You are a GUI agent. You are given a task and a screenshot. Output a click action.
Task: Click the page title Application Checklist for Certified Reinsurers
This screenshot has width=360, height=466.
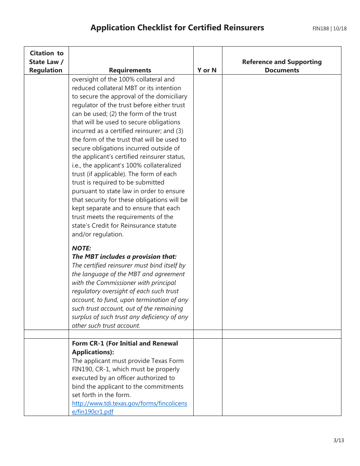click(177, 28)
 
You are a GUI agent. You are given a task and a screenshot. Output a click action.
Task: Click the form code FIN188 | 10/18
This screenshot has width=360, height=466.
click(329, 28)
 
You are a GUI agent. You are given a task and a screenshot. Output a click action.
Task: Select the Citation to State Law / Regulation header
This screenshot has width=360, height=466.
click(46, 62)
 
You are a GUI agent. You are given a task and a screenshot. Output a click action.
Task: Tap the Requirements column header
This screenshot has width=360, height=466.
click(130, 70)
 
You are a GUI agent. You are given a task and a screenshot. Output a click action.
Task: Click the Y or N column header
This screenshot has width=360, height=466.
click(207, 70)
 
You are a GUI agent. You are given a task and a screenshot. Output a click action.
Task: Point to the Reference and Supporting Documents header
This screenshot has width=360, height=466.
click(282, 66)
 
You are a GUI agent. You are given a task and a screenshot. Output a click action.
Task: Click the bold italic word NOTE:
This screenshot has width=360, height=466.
click(81, 248)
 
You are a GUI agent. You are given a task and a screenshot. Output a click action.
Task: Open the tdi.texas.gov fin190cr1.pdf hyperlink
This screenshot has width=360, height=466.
click(129, 407)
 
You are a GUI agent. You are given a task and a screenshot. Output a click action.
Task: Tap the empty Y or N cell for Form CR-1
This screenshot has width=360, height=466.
click(207, 377)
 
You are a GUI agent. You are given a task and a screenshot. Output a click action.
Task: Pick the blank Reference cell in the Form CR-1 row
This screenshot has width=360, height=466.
click(282, 377)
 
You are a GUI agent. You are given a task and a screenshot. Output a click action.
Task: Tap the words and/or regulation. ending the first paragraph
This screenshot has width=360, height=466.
click(97, 234)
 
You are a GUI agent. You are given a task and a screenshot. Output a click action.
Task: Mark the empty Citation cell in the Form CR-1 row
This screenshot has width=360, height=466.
click(46, 377)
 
